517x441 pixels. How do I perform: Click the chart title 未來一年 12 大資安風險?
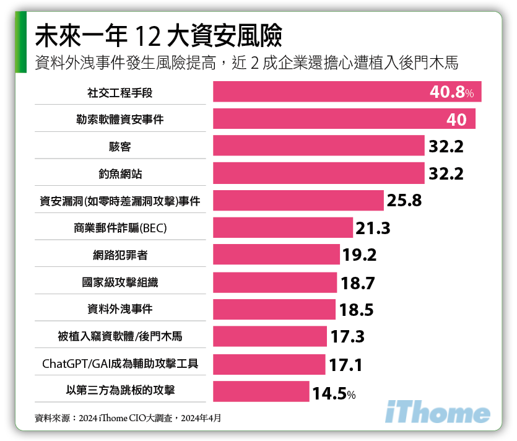click(159, 37)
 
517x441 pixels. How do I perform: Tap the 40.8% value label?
click(451, 92)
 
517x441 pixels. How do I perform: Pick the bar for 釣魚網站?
click(318, 173)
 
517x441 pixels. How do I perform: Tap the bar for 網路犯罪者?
click(276, 255)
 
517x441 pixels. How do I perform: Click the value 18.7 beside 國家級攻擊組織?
click(358, 283)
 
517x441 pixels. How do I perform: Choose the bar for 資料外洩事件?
click(274, 309)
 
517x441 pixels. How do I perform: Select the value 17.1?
click(345, 365)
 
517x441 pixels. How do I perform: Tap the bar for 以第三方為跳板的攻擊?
click(261, 391)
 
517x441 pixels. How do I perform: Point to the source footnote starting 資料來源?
click(128, 418)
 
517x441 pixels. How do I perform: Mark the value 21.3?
click(373, 229)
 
